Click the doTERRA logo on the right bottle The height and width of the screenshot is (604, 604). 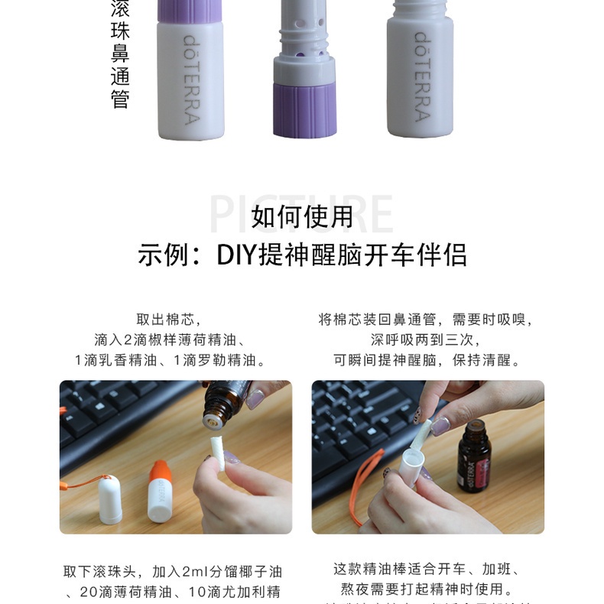coord(421,76)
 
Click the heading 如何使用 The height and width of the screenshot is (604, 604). coord(302,217)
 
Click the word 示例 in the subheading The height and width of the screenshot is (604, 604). coord(163,255)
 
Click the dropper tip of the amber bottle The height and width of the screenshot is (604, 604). coord(213,416)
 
